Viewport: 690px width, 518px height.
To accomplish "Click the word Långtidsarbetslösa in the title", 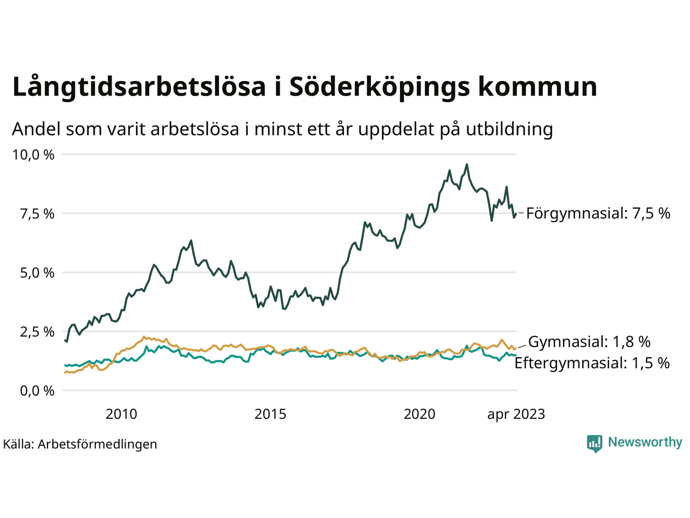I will point(139,87).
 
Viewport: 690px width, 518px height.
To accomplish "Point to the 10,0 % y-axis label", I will point(33,155).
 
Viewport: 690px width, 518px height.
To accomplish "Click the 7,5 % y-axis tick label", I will point(37,214).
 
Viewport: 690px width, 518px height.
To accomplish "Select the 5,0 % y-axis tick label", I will point(37,272).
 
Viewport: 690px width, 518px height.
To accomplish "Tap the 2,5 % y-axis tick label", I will point(37,331).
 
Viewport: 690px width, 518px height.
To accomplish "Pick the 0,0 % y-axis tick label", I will point(37,391).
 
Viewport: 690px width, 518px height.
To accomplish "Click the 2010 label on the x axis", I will point(121,414).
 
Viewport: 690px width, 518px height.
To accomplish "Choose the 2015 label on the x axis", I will point(271,414).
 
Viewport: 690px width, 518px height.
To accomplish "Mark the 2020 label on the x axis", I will point(419,414).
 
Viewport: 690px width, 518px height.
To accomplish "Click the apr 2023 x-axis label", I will point(516,414).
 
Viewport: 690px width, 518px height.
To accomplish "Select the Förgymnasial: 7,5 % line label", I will point(598,214).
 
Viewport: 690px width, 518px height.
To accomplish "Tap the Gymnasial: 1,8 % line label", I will point(589,342).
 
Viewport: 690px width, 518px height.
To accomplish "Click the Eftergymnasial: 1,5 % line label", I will point(592,363).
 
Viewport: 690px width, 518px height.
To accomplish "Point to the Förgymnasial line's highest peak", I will point(467,165).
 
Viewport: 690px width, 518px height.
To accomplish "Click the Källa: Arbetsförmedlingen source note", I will point(80,444).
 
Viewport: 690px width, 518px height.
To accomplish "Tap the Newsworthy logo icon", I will point(595,443).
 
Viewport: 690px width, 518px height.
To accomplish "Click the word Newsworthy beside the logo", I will point(645,442).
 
